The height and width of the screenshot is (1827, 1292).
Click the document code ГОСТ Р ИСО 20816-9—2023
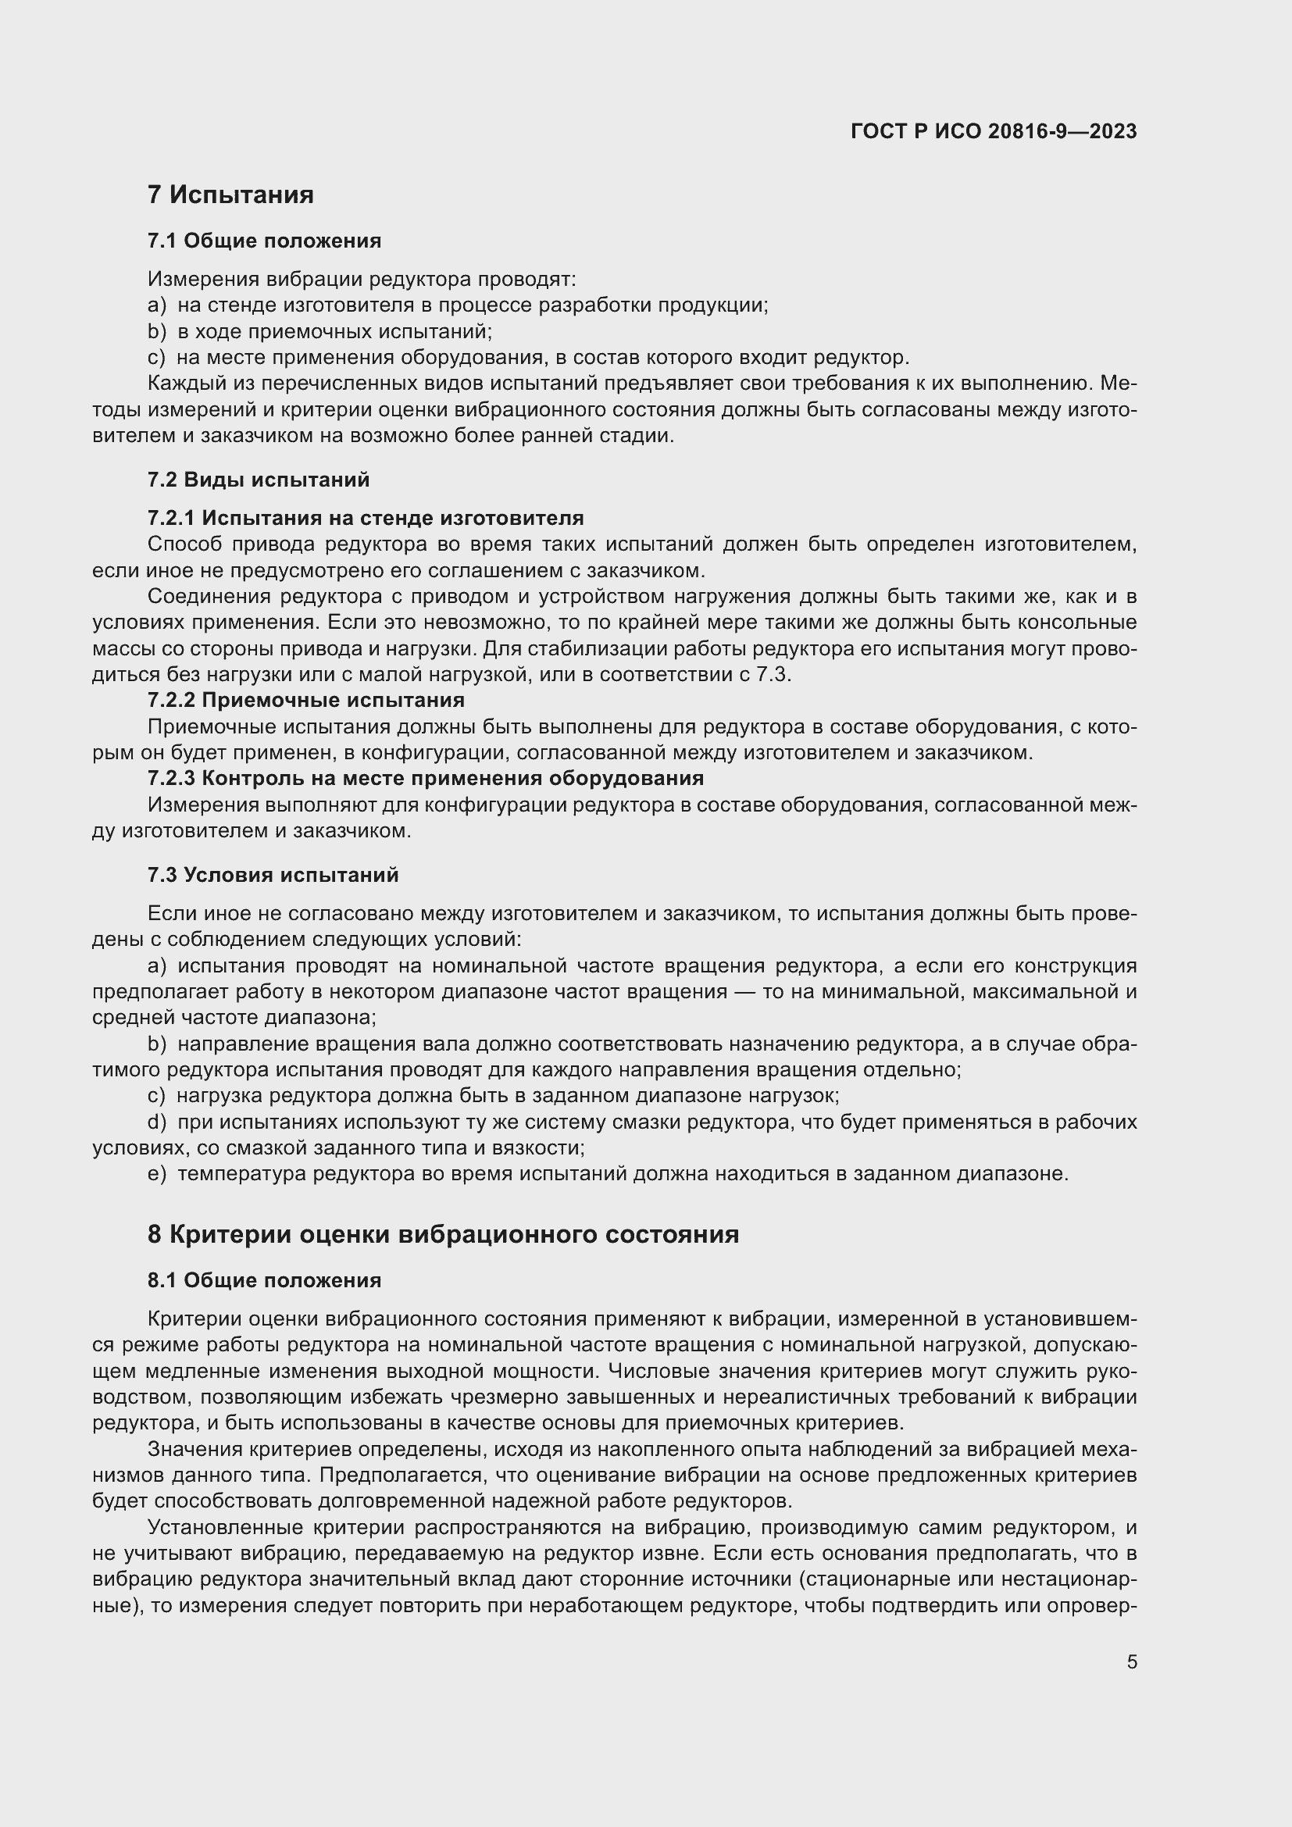tap(993, 131)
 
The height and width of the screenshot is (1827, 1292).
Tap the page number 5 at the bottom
tap(1131, 1662)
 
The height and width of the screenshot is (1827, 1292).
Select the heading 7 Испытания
tap(230, 195)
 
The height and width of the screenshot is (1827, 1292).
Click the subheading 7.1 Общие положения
tap(264, 241)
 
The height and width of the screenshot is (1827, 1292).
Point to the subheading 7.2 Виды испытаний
tap(259, 480)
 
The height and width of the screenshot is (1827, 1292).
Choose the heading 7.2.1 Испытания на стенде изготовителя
tap(365, 518)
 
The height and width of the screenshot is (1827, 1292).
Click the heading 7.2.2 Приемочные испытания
tap(305, 700)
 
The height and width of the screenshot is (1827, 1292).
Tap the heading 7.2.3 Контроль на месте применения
tap(426, 778)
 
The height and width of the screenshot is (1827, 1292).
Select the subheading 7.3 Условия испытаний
tap(273, 876)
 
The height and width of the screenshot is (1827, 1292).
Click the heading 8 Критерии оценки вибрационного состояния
tap(443, 1234)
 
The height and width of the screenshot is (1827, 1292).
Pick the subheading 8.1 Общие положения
tap(264, 1280)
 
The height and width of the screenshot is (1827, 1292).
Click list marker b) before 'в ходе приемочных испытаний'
tap(157, 332)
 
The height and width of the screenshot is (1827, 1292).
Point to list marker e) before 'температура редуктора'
tap(157, 1174)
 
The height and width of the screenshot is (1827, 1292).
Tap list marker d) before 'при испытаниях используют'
tap(157, 1122)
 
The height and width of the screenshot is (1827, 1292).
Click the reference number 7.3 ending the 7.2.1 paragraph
tap(771, 675)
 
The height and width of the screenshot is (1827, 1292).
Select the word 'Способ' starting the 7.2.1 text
tap(184, 544)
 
